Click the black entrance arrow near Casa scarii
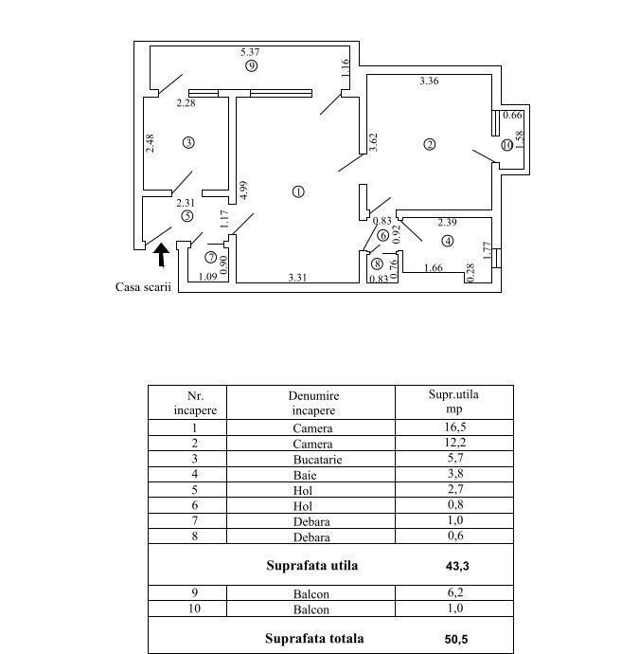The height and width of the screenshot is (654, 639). point(161,254)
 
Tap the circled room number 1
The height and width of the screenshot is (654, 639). point(299,191)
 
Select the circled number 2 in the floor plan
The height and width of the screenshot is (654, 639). point(430,144)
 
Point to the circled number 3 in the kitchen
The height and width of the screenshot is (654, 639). point(188,142)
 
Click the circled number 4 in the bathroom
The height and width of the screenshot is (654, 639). point(446,241)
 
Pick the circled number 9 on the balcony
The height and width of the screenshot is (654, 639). point(251,66)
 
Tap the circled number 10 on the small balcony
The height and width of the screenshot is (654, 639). point(507,145)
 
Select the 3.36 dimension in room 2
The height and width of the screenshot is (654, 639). point(429,82)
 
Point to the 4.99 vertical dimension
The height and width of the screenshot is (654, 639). point(243,190)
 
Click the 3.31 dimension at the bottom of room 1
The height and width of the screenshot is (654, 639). point(299,277)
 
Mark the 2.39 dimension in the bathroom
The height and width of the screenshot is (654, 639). point(447,223)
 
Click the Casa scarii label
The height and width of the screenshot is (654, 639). point(144,287)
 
